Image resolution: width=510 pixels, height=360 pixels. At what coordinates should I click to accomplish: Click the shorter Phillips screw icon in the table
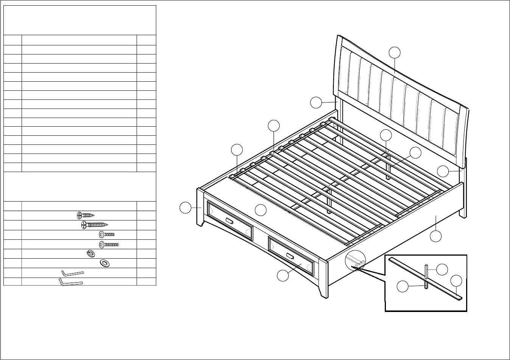click(x=85, y=216)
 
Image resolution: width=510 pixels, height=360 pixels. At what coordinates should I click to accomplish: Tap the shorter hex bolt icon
click(x=106, y=234)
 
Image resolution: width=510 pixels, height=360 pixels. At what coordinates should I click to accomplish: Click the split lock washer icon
click(x=90, y=254)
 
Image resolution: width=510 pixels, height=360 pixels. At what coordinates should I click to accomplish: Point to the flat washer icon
click(x=104, y=263)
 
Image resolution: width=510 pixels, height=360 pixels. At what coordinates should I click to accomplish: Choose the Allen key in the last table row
click(x=71, y=282)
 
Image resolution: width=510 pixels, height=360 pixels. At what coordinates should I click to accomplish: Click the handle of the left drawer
click(x=229, y=220)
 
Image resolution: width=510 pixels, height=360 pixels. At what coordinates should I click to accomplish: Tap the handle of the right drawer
click(x=290, y=256)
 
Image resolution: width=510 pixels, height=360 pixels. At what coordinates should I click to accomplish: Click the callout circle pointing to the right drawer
click(x=282, y=276)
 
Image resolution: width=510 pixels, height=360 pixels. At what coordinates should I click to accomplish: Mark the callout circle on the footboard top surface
click(x=260, y=210)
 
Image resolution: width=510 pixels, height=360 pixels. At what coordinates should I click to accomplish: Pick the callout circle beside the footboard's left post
click(x=185, y=208)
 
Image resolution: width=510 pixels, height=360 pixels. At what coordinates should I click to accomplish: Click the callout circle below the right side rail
click(x=436, y=236)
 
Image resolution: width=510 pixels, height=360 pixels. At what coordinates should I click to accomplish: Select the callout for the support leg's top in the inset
click(x=442, y=270)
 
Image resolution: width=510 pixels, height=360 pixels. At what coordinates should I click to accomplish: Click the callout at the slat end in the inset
click(x=456, y=281)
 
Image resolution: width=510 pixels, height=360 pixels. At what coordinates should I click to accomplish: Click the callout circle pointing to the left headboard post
click(x=316, y=102)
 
